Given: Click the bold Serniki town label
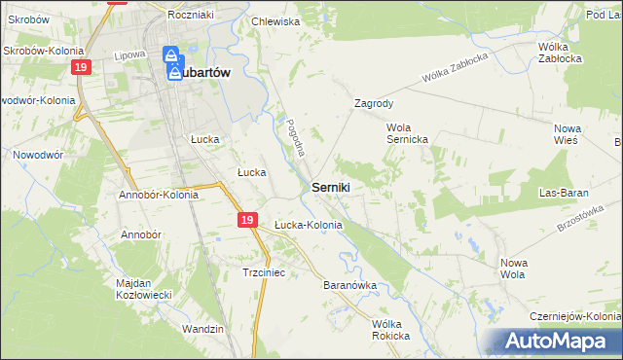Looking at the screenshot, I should pyautogui.click(x=331, y=186).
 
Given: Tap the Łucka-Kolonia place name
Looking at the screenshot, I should pyautogui.click(x=308, y=225).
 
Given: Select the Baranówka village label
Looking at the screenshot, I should pyautogui.click(x=348, y=286).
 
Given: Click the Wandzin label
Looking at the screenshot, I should pyautogui.click(x=202, y=329).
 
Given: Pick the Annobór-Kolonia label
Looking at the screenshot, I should pyautogui.click(x=158, y=194).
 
